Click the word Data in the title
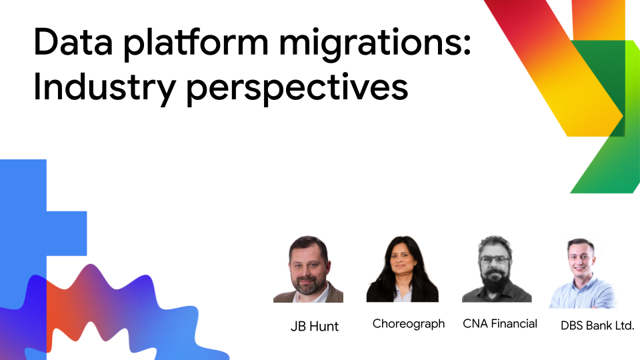click(73, 41)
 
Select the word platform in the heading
click(196, 44)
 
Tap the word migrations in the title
click(370, 44)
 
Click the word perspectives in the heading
click(297, 89)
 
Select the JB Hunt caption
click(314, 326)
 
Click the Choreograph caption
click(409, 324)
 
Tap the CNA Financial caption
click(500, 324)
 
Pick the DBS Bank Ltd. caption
click(597, 325)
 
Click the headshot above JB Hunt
click(308, 269)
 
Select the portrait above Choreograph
click(403, 269)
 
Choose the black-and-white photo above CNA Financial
click(497, 269)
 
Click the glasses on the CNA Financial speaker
click(495, 259)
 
